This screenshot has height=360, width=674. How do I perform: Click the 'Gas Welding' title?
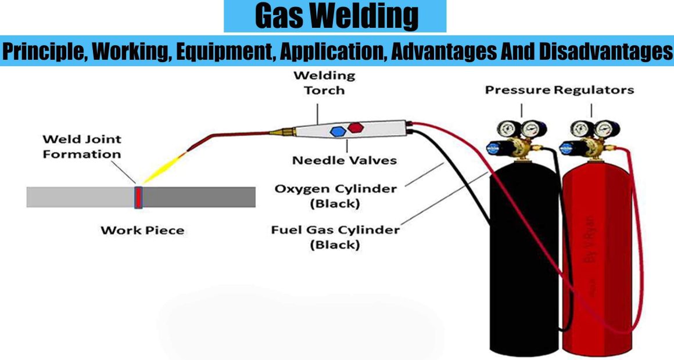tap(336, 16)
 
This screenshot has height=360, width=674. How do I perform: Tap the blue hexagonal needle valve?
tap(338, 131)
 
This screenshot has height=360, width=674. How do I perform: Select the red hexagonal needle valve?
tap(356, 128)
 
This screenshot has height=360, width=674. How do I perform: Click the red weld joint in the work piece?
tap(138, 197)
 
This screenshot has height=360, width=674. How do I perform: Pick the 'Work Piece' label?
tap(142, 231)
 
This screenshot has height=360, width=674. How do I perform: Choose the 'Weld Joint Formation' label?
tap(82, 146)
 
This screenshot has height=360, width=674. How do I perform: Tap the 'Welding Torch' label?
tap(325, 83)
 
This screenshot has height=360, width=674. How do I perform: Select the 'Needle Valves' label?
tap(345, 160)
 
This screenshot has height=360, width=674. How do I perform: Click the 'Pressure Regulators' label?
tap(559, 90)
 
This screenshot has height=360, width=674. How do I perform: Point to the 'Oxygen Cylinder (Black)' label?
tap(335, 196)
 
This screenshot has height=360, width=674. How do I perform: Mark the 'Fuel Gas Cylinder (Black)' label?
tap(335, 237)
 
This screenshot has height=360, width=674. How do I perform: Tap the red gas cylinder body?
tap(597, 258)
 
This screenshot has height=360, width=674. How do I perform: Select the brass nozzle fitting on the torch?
tap(282, 131)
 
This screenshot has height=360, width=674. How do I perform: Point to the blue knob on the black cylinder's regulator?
tap(492, 148)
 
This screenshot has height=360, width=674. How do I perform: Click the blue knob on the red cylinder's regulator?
tap(565, 148)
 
